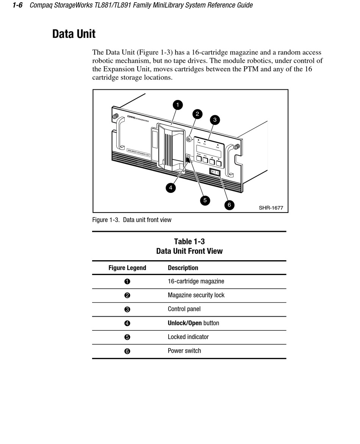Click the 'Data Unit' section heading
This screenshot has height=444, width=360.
tap(74, 34)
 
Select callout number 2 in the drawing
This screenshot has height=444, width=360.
tap(197, 114)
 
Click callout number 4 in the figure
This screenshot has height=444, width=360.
tap(171, 187)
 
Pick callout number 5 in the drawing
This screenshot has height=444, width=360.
tap(205, 200)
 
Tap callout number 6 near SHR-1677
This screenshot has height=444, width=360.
tap(229, 205)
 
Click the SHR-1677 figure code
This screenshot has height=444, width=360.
tap(271, 208)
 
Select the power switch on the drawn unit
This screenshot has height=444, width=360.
tap(215, 172)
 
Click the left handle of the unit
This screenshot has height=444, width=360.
tap(119, 133)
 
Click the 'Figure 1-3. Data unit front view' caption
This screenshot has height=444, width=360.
tap(132, 220)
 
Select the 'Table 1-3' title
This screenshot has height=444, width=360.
tap(189, 242)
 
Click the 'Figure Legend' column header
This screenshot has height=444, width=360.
tap(127, 268)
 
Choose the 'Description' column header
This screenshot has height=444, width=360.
tap(183, 268)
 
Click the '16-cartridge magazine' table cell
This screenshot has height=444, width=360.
tap(196, 281)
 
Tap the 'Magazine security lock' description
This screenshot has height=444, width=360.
tap(196, 295)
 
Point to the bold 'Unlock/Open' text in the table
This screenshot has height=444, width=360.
tap(185, 323)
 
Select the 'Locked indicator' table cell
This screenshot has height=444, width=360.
tap(188, 337)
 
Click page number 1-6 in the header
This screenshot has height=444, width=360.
tap(18, 5)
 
